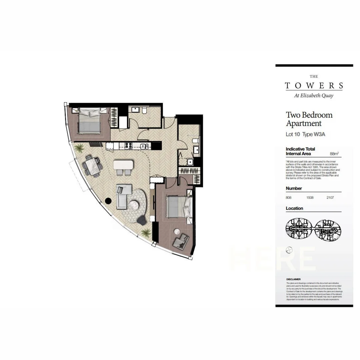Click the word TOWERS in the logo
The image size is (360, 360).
point(314,86)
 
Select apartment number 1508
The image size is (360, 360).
point(310,198)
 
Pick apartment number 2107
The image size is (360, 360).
point(330,198)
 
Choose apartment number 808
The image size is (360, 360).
point(289,198)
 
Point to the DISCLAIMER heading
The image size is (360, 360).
point(293,279)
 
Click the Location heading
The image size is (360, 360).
point(294,208)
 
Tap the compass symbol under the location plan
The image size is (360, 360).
point(289,249)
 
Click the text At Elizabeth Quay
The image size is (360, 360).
point(314,96)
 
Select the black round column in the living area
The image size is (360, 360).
point(108,201)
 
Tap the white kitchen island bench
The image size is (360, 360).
point(124,165)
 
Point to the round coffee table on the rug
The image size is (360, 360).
point(135,205)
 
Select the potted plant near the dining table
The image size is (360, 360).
point(79,148)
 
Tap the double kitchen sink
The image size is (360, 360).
point(144,146)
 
